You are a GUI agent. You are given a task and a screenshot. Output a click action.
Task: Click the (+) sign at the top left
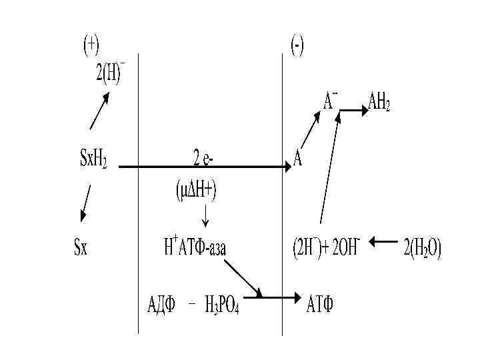tap(91, 45)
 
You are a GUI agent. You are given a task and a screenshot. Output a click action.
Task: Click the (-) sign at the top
tap(297, 45)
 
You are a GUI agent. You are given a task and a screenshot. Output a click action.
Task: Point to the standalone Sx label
tap(80, 248)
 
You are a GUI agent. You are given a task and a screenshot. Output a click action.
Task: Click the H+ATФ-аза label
tap(195, 248)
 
